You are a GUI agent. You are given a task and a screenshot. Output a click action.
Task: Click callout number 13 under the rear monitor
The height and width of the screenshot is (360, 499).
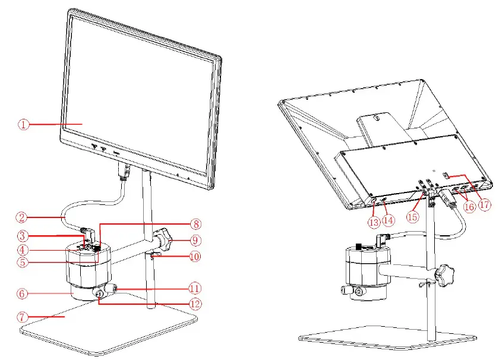373,222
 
